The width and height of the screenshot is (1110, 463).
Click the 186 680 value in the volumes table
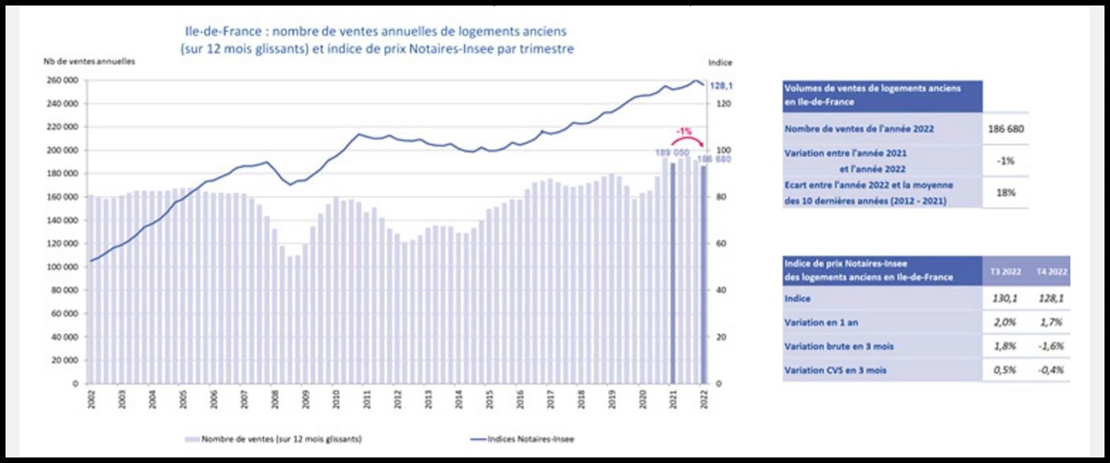click(x=1005, y=129)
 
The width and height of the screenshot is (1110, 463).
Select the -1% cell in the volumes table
click(x=1005, y=161)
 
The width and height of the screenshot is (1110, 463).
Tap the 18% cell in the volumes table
click(x=1005, y=192)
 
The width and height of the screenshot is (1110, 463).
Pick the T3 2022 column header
click(x=1005, y=272)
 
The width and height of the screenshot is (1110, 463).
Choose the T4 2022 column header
click(x=1052, y=272)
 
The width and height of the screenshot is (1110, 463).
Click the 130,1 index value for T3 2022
click(x=1005, y=298)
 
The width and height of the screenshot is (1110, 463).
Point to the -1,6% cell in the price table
click(x=1050, y=346)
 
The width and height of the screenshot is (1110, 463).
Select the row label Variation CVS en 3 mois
click(x=835, y=370)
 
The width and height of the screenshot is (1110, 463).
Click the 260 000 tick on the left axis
click(x=62, y=80)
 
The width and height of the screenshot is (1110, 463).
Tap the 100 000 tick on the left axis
click(x=62, y=267)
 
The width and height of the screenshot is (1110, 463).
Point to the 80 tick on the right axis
click(x=720, y=197)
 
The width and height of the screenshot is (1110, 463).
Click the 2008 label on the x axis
click(x=275, y=399)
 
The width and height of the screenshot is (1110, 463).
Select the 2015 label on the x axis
click(x=489, y=399)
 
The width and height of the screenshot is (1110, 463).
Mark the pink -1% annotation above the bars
click(x=684, y=132)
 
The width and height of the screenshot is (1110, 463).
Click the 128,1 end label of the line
click(x=721, y=86)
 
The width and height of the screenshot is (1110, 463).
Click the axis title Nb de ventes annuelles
click(x=89, y=61)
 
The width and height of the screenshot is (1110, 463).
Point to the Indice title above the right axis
click(x=720, y=62)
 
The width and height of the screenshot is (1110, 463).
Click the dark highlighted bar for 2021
click(x=672, y=272)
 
